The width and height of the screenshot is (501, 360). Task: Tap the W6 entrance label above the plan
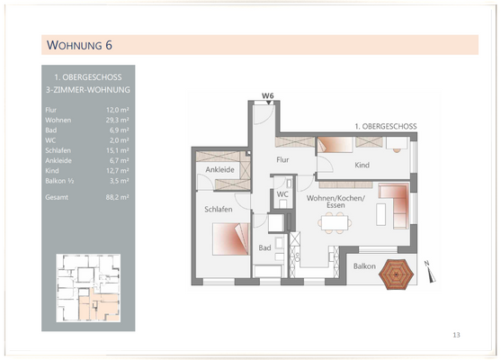coord(267,95)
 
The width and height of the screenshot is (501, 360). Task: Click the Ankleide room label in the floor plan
coord(220,170)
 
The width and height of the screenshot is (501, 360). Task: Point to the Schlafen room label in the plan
coord(219,210)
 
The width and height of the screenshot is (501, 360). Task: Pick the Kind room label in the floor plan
coord(362,166)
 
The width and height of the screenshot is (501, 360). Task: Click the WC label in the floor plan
coord(282,194)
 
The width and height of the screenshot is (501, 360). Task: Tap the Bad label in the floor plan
coord(265,247)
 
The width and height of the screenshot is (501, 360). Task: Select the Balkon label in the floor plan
coord(363,266)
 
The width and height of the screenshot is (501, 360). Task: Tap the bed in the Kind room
coord(336,145)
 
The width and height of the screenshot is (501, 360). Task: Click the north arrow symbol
coord(429,264)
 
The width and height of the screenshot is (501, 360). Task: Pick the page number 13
coord(456,335)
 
